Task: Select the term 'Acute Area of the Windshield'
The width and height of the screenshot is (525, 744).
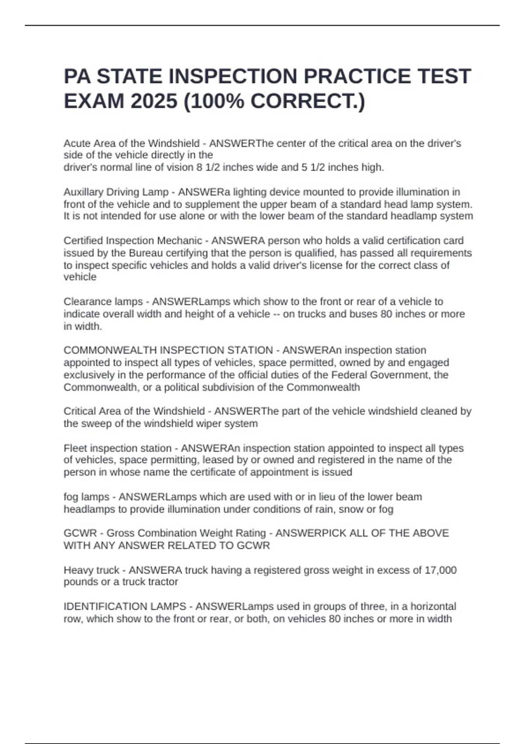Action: click(131, 144)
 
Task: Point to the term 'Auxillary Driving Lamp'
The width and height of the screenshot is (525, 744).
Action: click(116, 192)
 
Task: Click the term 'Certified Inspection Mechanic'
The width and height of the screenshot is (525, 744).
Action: click(133, 241)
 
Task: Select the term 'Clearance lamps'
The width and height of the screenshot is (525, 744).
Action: click(103, 302)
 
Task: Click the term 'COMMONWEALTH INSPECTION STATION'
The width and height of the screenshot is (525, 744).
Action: click(168, 350)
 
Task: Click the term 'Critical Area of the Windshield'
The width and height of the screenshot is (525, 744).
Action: click(134, 411)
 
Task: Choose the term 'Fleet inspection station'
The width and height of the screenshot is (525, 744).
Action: click(117, 448)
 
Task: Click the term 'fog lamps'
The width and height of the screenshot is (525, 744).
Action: click(86, 497)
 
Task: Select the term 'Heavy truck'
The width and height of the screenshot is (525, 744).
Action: click(91, 570)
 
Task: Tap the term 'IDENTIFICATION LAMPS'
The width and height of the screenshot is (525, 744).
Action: click(125, 607)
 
